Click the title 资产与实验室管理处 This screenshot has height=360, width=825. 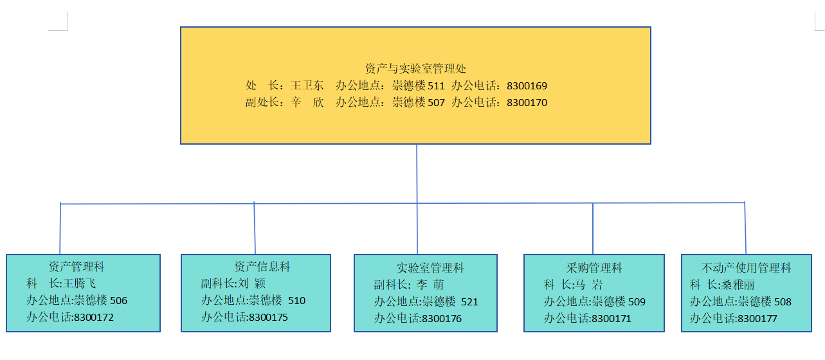click(x=415, y=68)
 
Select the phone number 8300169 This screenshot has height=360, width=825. click(x=527, y=85)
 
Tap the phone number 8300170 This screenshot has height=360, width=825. click(x=527, y=102)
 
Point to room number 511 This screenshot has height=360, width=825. click(x=436, y=85)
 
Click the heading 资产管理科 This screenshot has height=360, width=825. click(x=77, y=266)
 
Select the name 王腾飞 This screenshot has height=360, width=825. click(x=80, y=283)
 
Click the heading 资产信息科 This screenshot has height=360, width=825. click(x=262, y=266)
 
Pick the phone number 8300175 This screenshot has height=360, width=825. click(x=268, y=316)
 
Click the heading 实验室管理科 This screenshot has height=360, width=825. click(x=430, y=268)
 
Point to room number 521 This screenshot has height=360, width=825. click(x=469, y=301)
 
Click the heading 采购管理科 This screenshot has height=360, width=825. click(x=594, y=268)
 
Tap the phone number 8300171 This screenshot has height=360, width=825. click(x=612, y=318)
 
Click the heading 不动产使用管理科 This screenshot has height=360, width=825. click(x=746, y=268)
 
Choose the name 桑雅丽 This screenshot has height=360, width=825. click(x=738, y=285)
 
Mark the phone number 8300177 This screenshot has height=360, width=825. click(x=757, y=318)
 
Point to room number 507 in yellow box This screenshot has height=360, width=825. click(x=436, y=102)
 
